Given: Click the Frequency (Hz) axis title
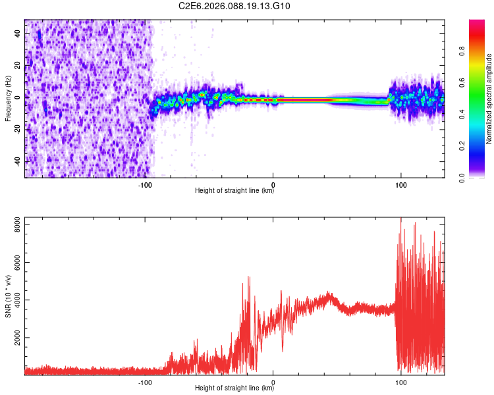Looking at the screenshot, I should (x=8, y=99).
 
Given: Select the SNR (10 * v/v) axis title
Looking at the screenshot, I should (x=8, y=296).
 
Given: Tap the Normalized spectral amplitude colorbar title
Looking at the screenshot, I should (x=489, y=99).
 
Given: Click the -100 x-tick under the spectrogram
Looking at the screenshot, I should (x=146, y=185).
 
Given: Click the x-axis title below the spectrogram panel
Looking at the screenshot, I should (x=234, y=191).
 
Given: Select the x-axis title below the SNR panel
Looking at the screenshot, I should (x=234, y=388).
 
